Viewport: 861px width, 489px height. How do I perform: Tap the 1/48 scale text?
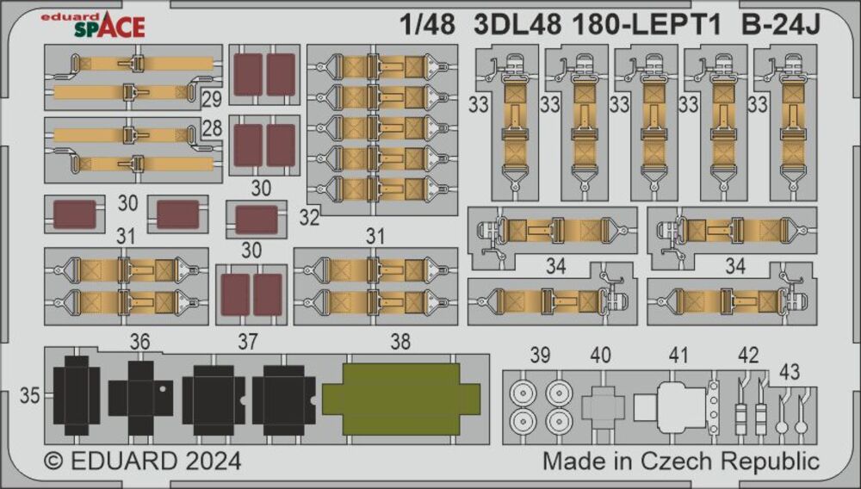pos(427,25)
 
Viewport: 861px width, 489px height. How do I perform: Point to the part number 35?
pos(30,396)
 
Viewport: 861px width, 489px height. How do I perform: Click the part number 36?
pos(139,342)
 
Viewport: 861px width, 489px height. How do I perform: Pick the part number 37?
pos(248,342)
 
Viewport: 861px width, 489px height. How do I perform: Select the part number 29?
pos(212,99)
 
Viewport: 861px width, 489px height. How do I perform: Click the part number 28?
pos(212,129)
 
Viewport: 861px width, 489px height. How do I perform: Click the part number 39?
pos(540,354)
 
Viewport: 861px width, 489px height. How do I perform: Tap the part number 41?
pos(679,354)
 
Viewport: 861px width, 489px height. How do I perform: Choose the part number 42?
pos(749,354)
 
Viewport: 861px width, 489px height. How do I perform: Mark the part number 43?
pos(789,371)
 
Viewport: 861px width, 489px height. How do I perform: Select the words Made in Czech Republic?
pos(680,461)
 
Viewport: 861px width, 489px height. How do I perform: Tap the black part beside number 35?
pos(76,397)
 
